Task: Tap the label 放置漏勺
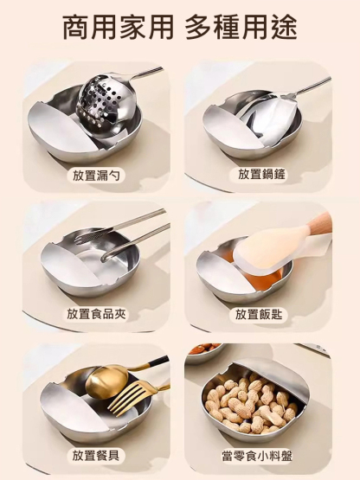pos(96,175)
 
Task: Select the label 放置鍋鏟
pos(261,175)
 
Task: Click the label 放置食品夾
pos(96,314)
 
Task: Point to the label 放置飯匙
pos(261,314)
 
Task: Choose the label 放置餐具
pos(96,454)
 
